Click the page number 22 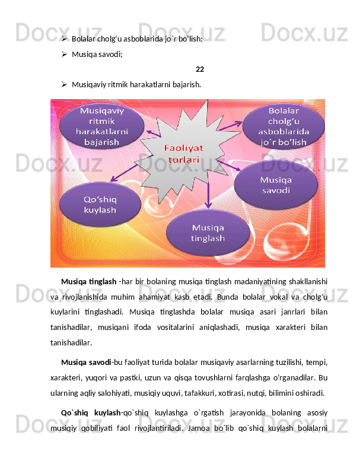tap(200, 69)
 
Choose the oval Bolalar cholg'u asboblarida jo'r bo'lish tap(284, 127)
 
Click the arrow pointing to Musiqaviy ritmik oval tap(154, 134)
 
